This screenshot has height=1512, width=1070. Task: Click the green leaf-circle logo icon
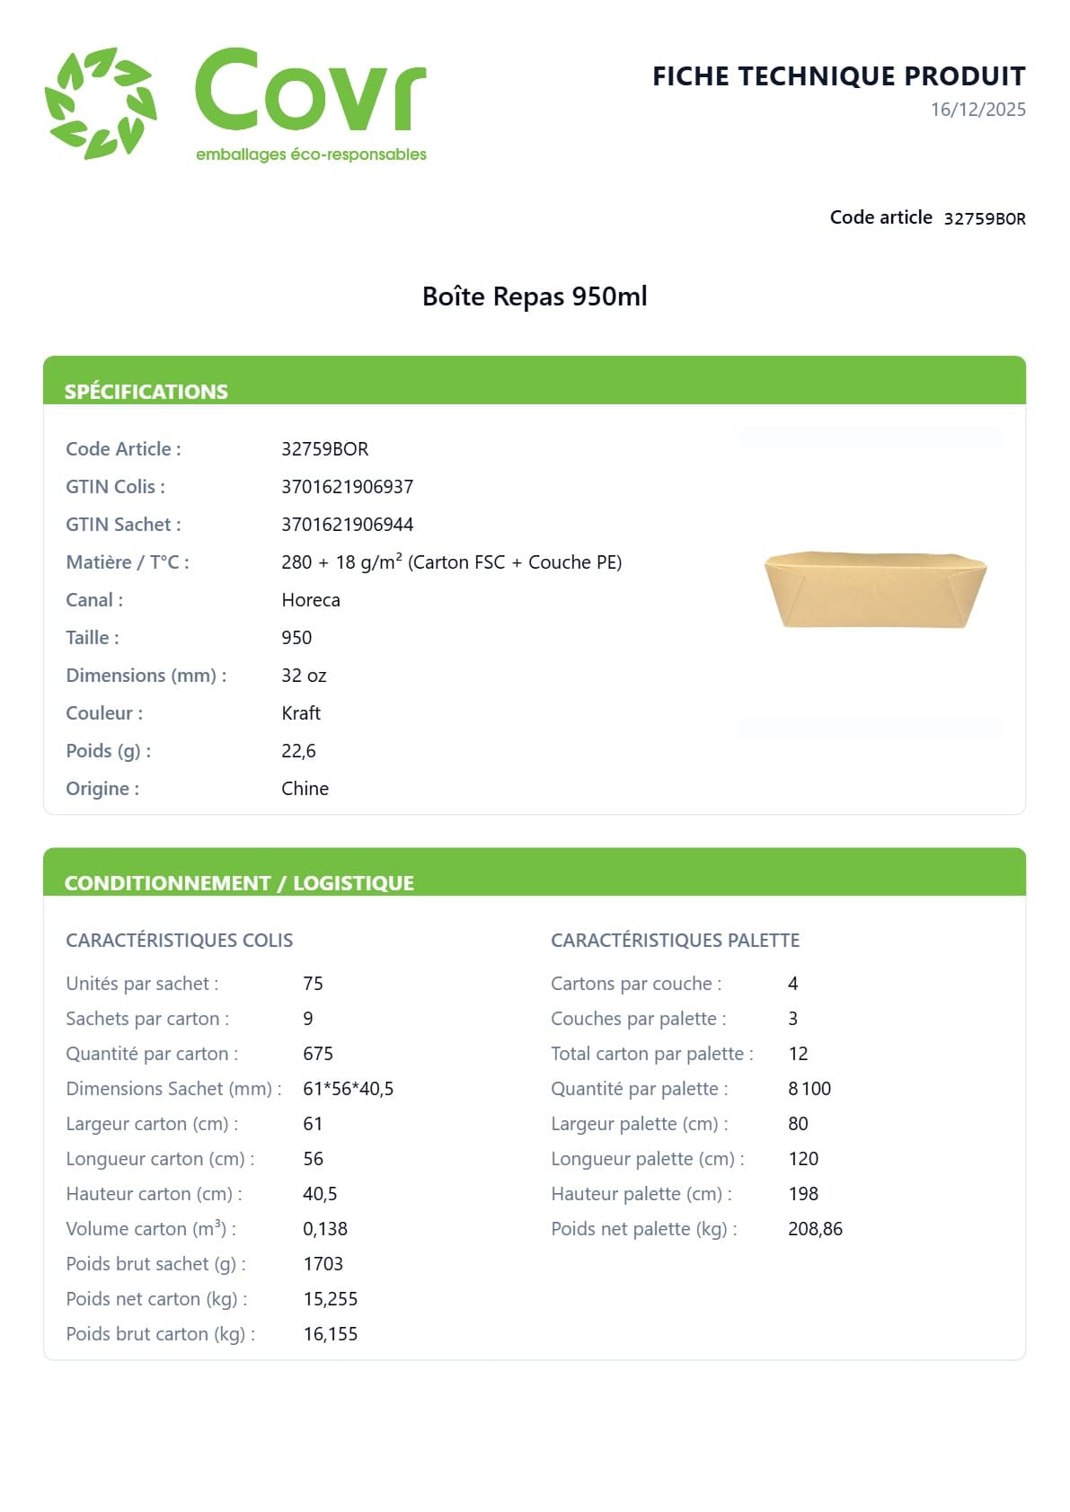click(x=101, y=103)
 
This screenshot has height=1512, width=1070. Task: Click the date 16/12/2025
click(x=977, y=110)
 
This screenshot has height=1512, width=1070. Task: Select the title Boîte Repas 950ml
click(x=535, y=296)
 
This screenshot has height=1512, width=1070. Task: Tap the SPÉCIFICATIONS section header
click(x=146, y=392)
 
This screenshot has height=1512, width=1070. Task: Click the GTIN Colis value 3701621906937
click(x=347, y=487)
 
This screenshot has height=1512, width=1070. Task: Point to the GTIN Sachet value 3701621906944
click(x=347, y=525)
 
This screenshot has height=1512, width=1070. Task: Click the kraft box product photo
click(x=875, y=588)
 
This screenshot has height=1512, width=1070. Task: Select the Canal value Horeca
click(x=311, y=600)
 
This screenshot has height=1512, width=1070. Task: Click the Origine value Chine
click(x=305, y=789)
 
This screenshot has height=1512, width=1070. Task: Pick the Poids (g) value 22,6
click(x=298, y=751)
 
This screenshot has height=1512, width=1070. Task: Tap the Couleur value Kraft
click(x=301, y=713)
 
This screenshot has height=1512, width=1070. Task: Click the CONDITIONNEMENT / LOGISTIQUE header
click(x=239, y=883)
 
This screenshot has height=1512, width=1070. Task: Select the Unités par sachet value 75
click(x=313, y=984)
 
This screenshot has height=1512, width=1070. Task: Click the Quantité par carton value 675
click(x=318, y=1054)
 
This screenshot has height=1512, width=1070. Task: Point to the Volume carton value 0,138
click(x=325, y=1229)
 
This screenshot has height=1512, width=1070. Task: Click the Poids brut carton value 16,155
click(x=330, y=1334)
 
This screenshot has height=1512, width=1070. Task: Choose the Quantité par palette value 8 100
click(x=809, y=1089)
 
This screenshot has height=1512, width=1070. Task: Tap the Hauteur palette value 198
click(x=803, y=1194)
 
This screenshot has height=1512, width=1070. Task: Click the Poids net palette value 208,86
click(x=815, y=1229)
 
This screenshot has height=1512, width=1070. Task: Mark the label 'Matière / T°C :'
click(x=128, y=562)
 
